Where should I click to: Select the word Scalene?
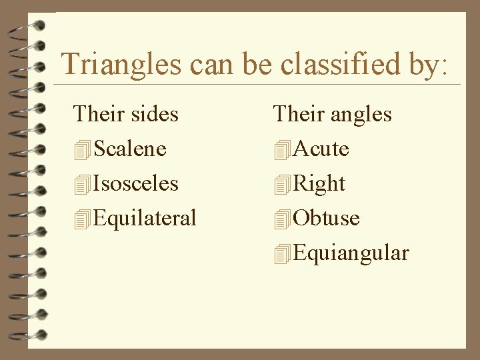click(x=130, y=149)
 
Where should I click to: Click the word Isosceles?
click(x=136, y=183)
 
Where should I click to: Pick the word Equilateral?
click(x=145, y=218)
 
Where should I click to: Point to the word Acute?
click(x=321, y=149)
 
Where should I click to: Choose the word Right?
click(x=319, y=183)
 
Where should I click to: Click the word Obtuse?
click(x=326, y=218)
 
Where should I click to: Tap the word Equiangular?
click(x=351, y=253)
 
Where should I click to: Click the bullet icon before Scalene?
click(x=83, y=150)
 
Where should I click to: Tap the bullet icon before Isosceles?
click(x=83, y=185)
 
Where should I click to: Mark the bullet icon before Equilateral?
click(x=83, y=219)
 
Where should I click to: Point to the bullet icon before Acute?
click(x=282, y=150)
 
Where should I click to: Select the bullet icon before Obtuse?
click(x=282, y=219)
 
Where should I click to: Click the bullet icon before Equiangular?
click(x=282, y=254)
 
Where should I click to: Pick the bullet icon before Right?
click(x=282, y=185)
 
